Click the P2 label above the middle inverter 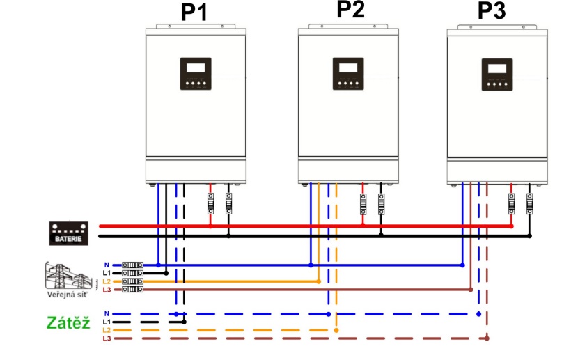click(x=350, y=9)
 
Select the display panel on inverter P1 click(x=196, y=74)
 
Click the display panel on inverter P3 click(x=496, y=74)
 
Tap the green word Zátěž click(x=68, y=323)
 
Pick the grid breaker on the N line click(x=132, y=265)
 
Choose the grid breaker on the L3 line click(x=132, y=289)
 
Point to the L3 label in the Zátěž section click(x=106, y=338)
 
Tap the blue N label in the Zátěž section click(x=106, y=314)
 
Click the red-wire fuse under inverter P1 click(x=211, y=203)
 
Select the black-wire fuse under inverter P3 click(x=529, y=203)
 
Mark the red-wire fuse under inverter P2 click(x=363, y=203)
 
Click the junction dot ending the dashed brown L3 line click(x=487, y=338)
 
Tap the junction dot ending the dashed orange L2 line click(x=336, y=330)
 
